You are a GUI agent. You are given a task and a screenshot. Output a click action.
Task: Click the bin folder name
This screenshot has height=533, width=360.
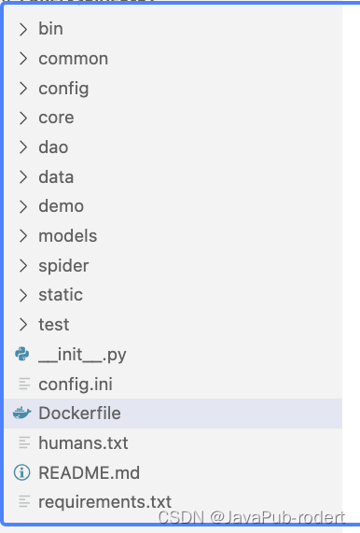(x=50, y=29)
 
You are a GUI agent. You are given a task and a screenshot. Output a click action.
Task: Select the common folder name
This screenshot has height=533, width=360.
(x=73, y=59)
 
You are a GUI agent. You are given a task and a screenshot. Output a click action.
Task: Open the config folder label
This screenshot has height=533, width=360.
(x=63, y=89)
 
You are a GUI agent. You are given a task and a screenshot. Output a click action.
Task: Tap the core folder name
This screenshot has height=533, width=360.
(x=56, y=118)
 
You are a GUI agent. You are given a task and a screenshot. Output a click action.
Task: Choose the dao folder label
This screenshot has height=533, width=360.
(x=53, y=147)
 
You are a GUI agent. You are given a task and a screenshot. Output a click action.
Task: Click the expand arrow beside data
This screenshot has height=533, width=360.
(x=23, y=177)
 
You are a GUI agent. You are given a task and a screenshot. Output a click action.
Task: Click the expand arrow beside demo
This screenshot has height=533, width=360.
(x=23, y=206)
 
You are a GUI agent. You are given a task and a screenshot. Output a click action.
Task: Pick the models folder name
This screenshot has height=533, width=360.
(x=67, y=236)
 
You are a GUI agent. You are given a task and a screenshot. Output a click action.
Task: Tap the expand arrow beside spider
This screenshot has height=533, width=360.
(x=23, y=266)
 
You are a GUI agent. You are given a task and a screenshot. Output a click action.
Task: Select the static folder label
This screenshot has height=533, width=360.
(x=61, y=295)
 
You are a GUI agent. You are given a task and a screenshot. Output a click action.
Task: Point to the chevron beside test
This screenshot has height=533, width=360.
(x=23, y=325)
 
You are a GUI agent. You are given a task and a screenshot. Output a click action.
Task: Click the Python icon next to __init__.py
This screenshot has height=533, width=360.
(x=23, y=354)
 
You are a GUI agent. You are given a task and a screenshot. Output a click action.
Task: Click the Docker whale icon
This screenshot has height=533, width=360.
(x=23, y=414)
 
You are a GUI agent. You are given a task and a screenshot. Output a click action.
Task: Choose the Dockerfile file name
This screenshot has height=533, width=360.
(x=79, y=414)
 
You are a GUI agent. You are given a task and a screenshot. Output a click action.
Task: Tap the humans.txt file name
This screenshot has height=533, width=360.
(x=83, y=442)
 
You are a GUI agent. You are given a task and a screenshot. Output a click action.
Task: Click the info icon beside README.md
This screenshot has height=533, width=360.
(x=23, y=472)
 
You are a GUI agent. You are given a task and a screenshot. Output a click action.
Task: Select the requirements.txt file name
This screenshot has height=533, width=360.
(x=104, y=502)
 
